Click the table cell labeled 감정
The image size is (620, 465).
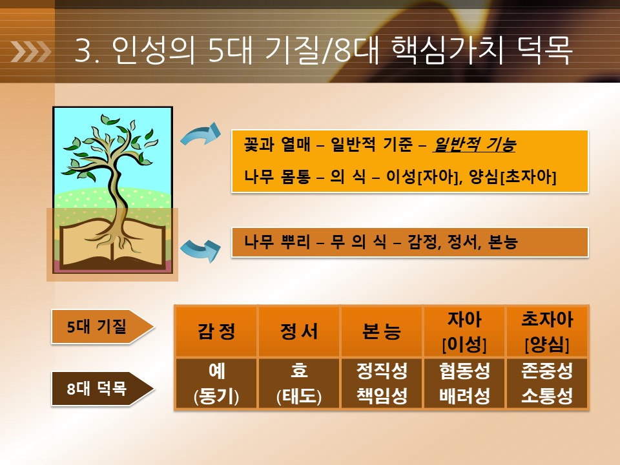(x=216, y=331)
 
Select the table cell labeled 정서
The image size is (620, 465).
(x=299, y=331)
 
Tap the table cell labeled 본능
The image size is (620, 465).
(x=382, y=331)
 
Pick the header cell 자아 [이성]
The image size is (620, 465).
(x=464, y=331)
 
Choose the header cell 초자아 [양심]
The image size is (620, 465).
(x=547, y=331)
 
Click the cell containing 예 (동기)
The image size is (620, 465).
(x=216, y=383)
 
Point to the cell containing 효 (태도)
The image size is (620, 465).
(x=299, y=383)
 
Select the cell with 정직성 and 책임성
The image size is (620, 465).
(x=382, y=383)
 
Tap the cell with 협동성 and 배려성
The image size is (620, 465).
(x=464, y=383)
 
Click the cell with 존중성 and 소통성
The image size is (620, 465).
(x=547, y=383)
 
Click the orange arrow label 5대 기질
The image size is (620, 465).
(x=102, y=327)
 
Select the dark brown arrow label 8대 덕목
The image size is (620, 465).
(x=102, y=389)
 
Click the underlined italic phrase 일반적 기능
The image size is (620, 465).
(x=474, y=145)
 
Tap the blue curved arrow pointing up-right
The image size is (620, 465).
(x=201, y=134)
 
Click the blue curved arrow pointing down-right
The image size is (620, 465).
(x=201, y=251)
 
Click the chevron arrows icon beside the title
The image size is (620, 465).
(x=30, y=52)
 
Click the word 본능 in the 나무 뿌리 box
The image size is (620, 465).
(x=503, y=242)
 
